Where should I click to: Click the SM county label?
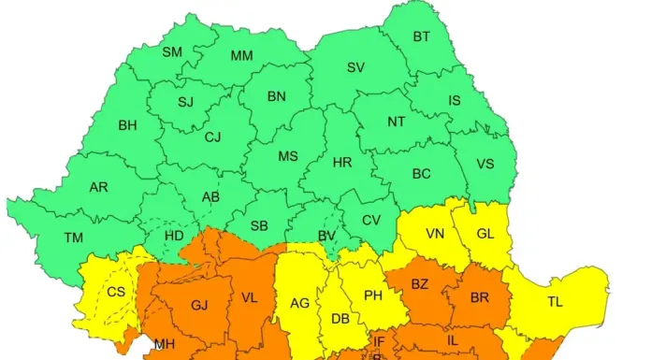click(x=172, y=52)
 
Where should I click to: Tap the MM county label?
click(x=242, y=56)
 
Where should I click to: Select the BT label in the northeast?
click(x=422, y=37)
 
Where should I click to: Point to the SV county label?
click(x=355, y=67)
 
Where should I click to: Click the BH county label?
click(x=127, y=125)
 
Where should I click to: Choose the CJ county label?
click(x=213, y=137)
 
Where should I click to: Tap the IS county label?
click(x=455, y=100)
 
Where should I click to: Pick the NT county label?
click(x=397, y=122)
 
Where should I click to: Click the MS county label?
click(x=288, y=156)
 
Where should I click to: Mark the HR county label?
click(x=342, y=163)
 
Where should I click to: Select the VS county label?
click(x=485, y=164)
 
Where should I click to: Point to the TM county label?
click(x=73, y=238)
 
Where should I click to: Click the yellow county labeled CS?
click(x=116, y=292)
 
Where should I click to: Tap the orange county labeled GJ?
click(x=199, y=305)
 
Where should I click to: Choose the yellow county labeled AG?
click(x=299, y=303)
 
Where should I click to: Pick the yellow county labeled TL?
click(x=555, y=302)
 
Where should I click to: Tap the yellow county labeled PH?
click(x=372, y=295)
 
